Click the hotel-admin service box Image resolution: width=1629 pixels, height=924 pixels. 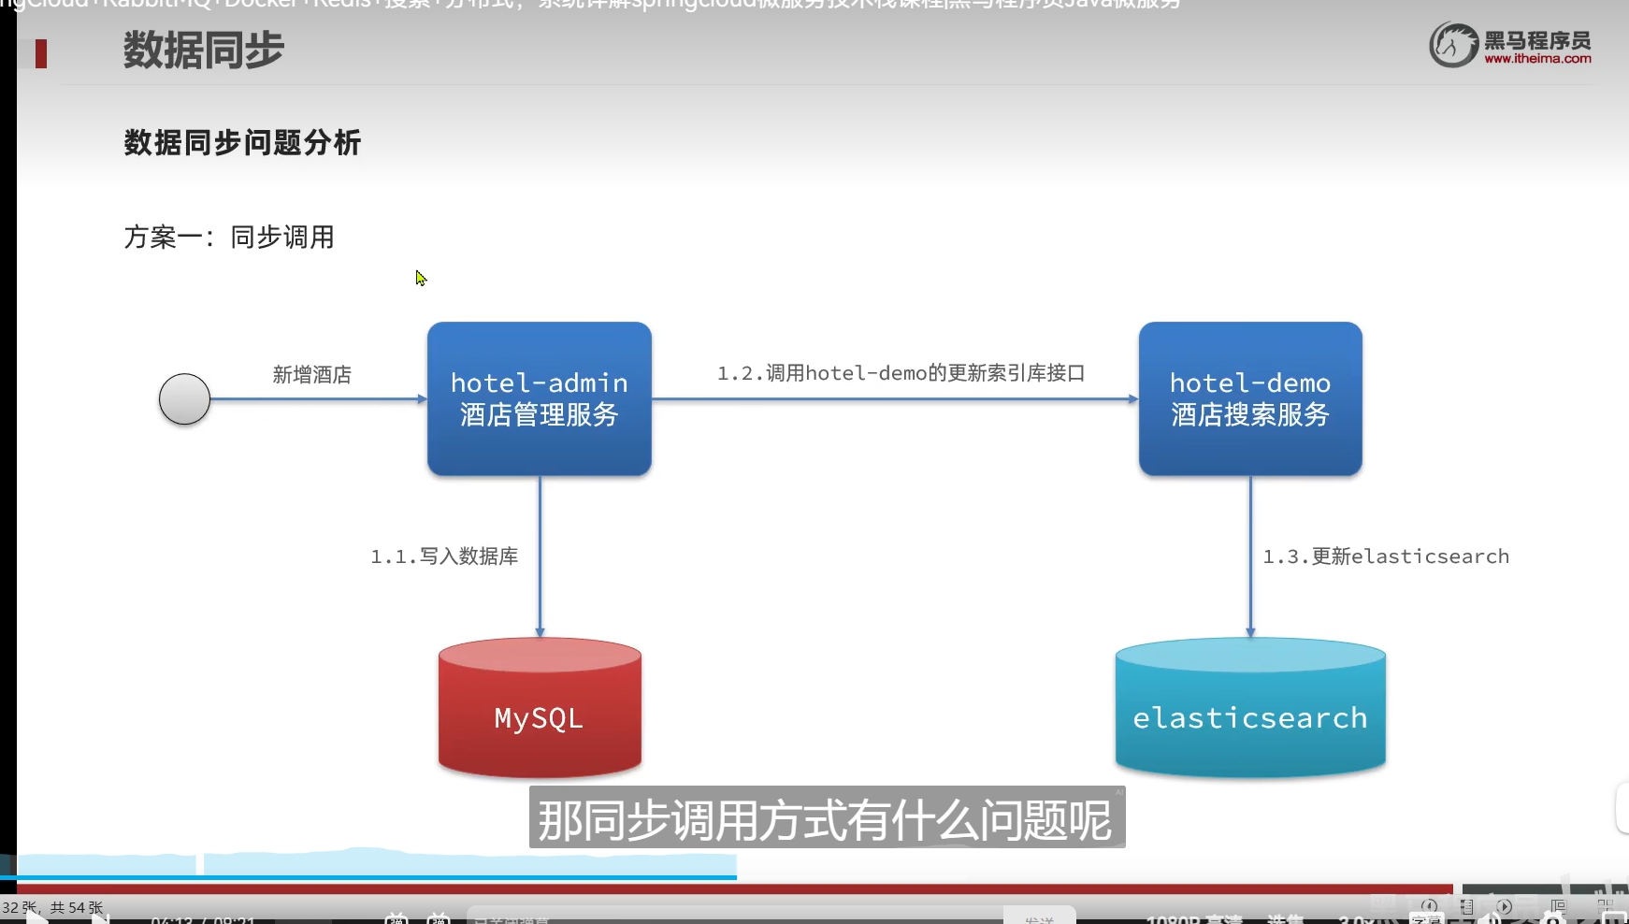pyautogui.click(x=539, y=398)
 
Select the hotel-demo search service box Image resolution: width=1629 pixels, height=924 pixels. pyautogui.click(x=1249, y=398)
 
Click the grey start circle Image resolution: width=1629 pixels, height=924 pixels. pyautogui.click(x=184, y=399)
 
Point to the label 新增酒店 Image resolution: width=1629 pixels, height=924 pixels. pyautogui.click(x=312, y=375)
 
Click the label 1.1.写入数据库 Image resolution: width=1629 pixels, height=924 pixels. pyautogui.click(x=444, y=556)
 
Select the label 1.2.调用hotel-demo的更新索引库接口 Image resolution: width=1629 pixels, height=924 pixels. pyautogui.click(x=901, y=373)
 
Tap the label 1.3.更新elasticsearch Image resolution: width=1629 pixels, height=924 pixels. pyautogui.click(x=1386, y=556)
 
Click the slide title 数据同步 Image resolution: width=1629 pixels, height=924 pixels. pyautogui.click(x=203, y=50)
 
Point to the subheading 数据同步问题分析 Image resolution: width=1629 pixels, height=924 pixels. pyautogui.click(x=242, y=143)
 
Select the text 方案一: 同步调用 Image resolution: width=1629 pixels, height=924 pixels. pyautogui.click(x=229, y=238)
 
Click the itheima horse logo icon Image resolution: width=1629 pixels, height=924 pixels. pyautogui.click(x=1452, y=45)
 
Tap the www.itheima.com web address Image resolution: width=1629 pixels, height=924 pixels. pyautogui.click(x=1537, y=59)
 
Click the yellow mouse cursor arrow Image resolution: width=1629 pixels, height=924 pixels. pyautogui.click(x=421, y=278)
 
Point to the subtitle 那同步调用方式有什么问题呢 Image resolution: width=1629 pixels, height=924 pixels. pyautogui.click(x=826, y=820)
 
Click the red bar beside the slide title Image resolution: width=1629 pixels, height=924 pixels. pyautogui.click(x=41, y=53)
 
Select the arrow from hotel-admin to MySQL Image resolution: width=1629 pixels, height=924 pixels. pyautogui.click(x=540, y=556)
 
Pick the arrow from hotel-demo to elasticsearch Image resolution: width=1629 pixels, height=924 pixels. pyautogui.click(x=1250, y=556)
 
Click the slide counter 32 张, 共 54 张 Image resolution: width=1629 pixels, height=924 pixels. pyautogui.click(x=52, y=907)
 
